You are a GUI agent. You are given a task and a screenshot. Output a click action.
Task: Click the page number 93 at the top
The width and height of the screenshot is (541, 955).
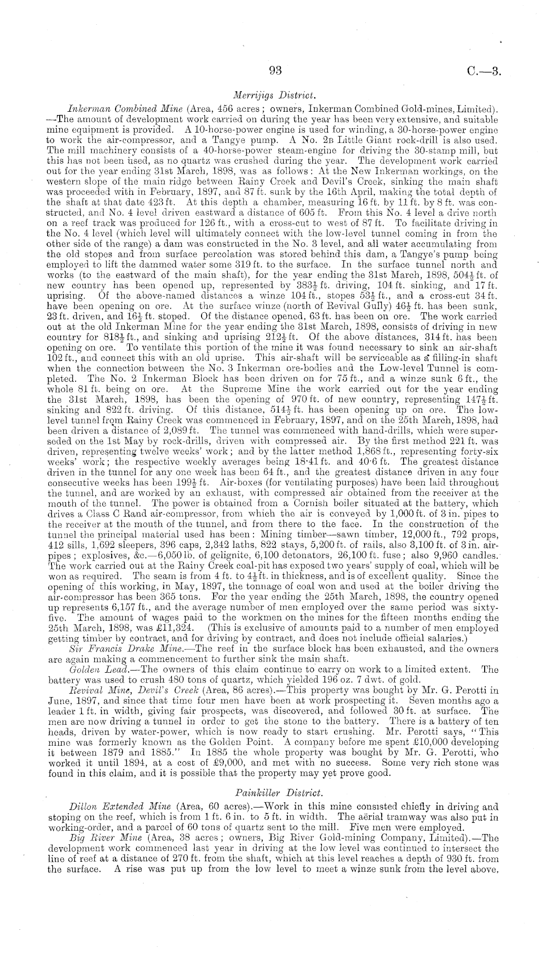tap(275, 71)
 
